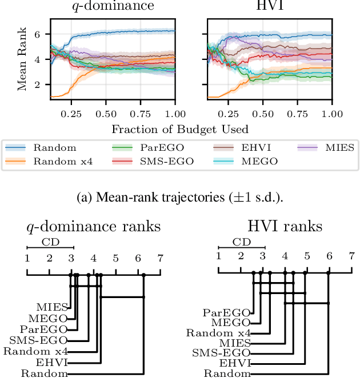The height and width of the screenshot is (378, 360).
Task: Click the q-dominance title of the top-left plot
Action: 113,7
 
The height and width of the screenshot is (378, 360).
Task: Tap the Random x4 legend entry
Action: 62,162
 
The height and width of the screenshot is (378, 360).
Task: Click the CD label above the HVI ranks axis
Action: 241,242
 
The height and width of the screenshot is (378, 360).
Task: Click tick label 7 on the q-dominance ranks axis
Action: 160,258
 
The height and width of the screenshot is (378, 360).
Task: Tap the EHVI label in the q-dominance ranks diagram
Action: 55,363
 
